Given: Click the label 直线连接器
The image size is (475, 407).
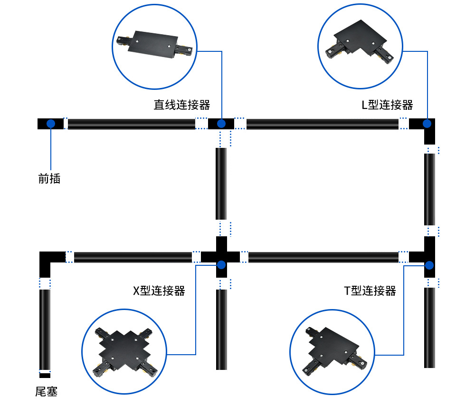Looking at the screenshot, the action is tap(181, 105).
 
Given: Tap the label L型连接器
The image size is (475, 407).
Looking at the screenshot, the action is tap(387, 105).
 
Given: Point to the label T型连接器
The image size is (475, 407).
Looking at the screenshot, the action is tap(370, 291).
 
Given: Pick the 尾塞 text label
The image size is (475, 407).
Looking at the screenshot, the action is tap(46, 392).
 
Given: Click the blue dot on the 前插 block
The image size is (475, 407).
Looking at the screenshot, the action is tap(50, 124).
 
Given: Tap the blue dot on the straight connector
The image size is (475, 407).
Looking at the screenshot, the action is tap(221, 124).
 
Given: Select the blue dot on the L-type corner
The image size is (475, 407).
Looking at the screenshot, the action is tap(427, 124).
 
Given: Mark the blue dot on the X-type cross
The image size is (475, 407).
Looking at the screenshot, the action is tap(221, 264).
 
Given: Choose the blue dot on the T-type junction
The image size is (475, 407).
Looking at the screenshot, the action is tap(429, 265).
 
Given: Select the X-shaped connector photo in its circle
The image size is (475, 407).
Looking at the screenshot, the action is tap(125, 352).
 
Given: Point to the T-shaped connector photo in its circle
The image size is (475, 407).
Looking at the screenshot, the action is tap(332, 352).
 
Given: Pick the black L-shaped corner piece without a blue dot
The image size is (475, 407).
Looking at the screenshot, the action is tap(47, 261).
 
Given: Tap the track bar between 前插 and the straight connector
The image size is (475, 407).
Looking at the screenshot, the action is tap(132, 124).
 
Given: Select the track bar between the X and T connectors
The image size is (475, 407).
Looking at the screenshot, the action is tap(323, 257).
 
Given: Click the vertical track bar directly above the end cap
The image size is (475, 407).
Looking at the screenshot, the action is tap(45, 329).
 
